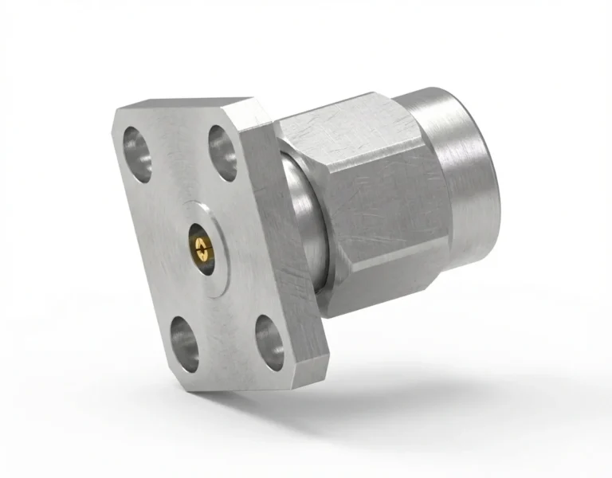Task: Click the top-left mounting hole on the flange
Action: click(137, 151)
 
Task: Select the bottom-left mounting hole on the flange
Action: click(183, 343)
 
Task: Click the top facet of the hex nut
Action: click(335, 112)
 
